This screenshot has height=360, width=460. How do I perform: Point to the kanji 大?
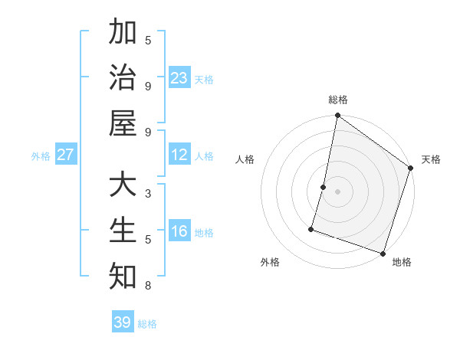coord(123,186)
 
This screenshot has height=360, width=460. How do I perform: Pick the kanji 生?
coord(123,231)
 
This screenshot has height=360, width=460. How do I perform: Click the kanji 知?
coord(123,276)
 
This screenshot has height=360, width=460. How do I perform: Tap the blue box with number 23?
coord(179,78)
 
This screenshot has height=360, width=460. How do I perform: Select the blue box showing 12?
coord(179,155)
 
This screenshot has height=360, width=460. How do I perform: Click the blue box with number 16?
coord(179,232)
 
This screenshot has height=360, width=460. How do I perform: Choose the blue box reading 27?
coord(65,155)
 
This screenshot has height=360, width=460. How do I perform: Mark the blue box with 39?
coord(123,322)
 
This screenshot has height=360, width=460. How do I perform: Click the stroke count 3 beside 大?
coord(148,195)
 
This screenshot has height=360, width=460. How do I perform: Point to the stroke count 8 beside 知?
coord(148,286)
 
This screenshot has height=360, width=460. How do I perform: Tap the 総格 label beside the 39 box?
coord(147,324)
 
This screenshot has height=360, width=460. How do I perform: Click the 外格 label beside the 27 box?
coord(41,156)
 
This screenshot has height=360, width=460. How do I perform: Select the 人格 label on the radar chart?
coord(245,160)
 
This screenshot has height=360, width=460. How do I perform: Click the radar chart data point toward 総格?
coord(337,116)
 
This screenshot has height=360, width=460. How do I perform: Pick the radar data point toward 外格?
coord(311,229)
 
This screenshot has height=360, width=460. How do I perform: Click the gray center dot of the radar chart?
coord(337,191)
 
